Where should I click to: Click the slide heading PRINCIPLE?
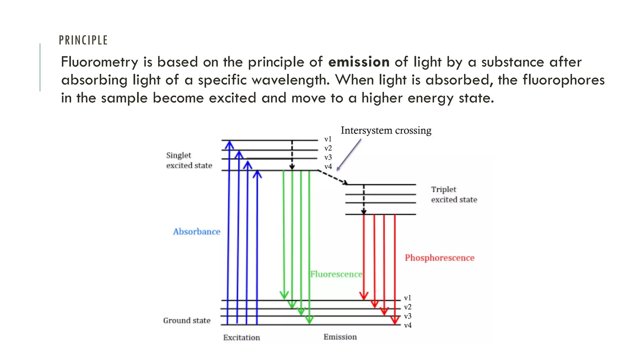83,40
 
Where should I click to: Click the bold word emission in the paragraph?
359,62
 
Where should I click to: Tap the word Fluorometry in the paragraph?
99,62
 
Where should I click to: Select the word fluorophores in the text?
563,80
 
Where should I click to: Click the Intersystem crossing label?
386,130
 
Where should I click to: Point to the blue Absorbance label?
197,232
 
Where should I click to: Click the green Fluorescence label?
336,274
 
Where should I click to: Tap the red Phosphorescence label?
439,258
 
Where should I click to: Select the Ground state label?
187,320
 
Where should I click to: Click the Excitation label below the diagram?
241,337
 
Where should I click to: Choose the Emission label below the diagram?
340,337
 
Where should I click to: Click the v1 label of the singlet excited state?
328,139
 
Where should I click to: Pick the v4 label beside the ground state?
407,325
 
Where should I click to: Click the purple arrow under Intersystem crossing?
349,155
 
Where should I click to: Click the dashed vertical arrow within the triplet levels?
364,199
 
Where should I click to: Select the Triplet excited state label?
454,194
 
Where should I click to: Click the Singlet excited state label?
189,160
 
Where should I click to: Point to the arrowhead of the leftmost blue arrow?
229,144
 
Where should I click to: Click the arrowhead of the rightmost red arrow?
395,320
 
